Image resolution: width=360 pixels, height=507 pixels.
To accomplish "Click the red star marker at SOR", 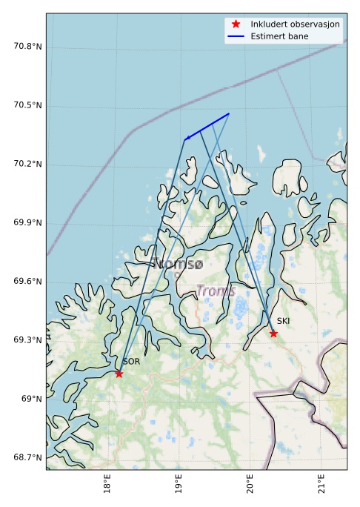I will pyautogui.click(x=119, y=374).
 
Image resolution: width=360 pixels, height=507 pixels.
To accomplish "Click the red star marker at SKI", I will pyautogui.click(x=273, y=334).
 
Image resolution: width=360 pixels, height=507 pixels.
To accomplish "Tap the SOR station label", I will pyautogui.click(x=131, y=362).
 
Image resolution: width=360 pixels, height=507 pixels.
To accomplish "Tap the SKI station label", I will pyautogui.click(x=283, y=321).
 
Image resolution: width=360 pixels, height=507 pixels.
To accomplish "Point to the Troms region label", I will pyautogui.click(x=216, y=291).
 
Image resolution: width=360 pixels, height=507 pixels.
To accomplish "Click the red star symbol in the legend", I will pyautogui.click(x=236, y=24).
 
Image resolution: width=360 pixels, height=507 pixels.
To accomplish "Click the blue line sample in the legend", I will pyautogui.click(x=236, y=36).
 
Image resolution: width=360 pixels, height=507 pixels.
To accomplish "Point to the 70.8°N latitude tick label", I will pyautogui.click(x=28, y=47).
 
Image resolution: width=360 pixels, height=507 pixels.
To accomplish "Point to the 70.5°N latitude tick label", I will pyautogui.click(x=28, y=105).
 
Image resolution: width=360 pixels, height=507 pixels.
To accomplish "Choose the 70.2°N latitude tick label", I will pyautogui.click(x=28, y=164).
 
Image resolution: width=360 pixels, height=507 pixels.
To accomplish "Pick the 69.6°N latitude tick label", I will pyautogui.click(x=28, y=282).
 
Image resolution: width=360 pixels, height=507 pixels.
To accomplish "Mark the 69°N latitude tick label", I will pyautogui.click(x=32, y=400).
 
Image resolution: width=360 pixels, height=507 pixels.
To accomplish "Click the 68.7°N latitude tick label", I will pyautogui.click(x=28, y=457).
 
